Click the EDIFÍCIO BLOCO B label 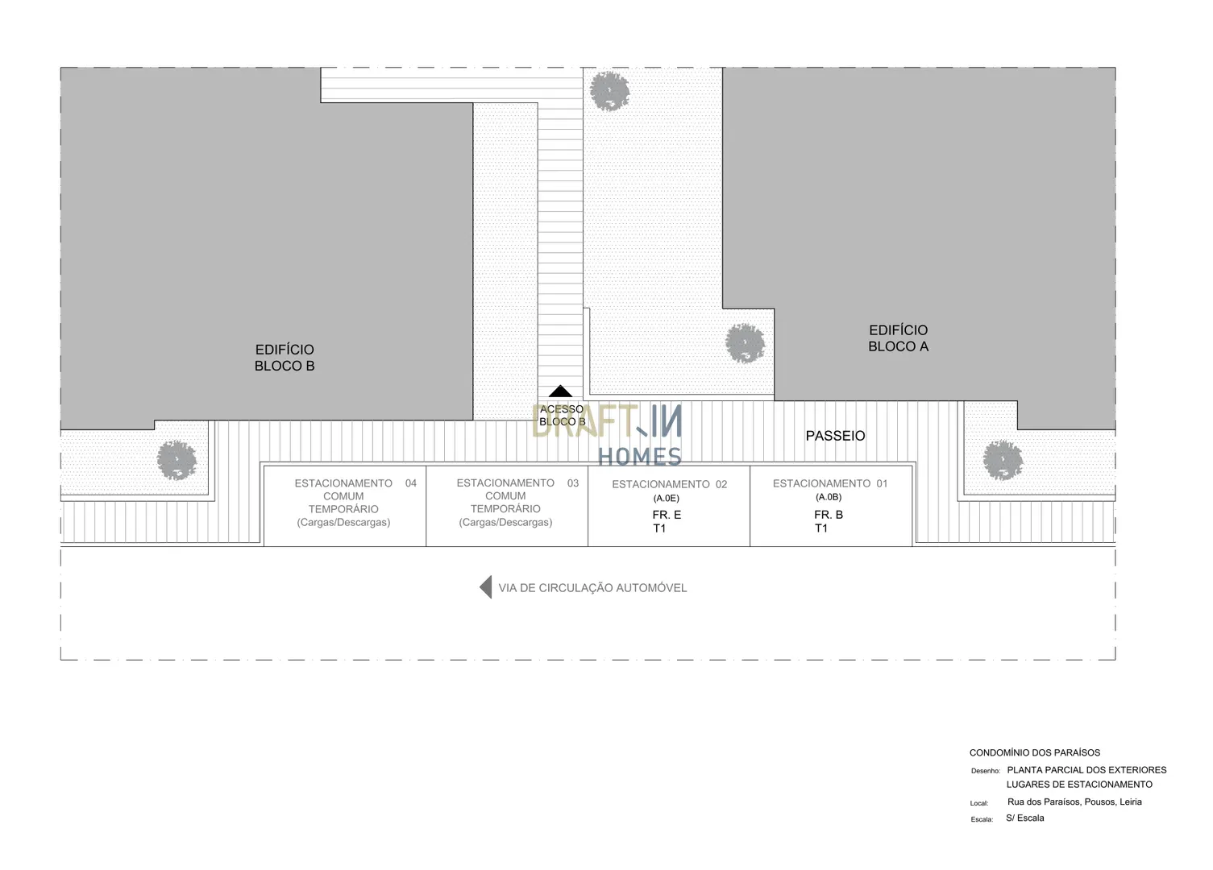(285, 358)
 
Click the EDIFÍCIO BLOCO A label (899, 338)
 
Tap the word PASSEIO (835, 436)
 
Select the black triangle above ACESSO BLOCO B (560, 391)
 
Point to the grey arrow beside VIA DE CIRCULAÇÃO (486, 587)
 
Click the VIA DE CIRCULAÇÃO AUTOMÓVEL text (592, 588)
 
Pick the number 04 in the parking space (411, 483)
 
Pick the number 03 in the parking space (573, 483)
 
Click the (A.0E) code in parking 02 (666, 498)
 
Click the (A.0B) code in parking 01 (829, 497)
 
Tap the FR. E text (667, 515)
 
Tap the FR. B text (829, 515)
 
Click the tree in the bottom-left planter (177, 460)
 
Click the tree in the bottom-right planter (1003, 460)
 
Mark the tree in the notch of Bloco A (745, 343)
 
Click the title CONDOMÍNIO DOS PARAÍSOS (1035, 752)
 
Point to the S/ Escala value (1025, 818)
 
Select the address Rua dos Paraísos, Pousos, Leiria (1074, 802)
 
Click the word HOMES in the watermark (639, 457)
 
